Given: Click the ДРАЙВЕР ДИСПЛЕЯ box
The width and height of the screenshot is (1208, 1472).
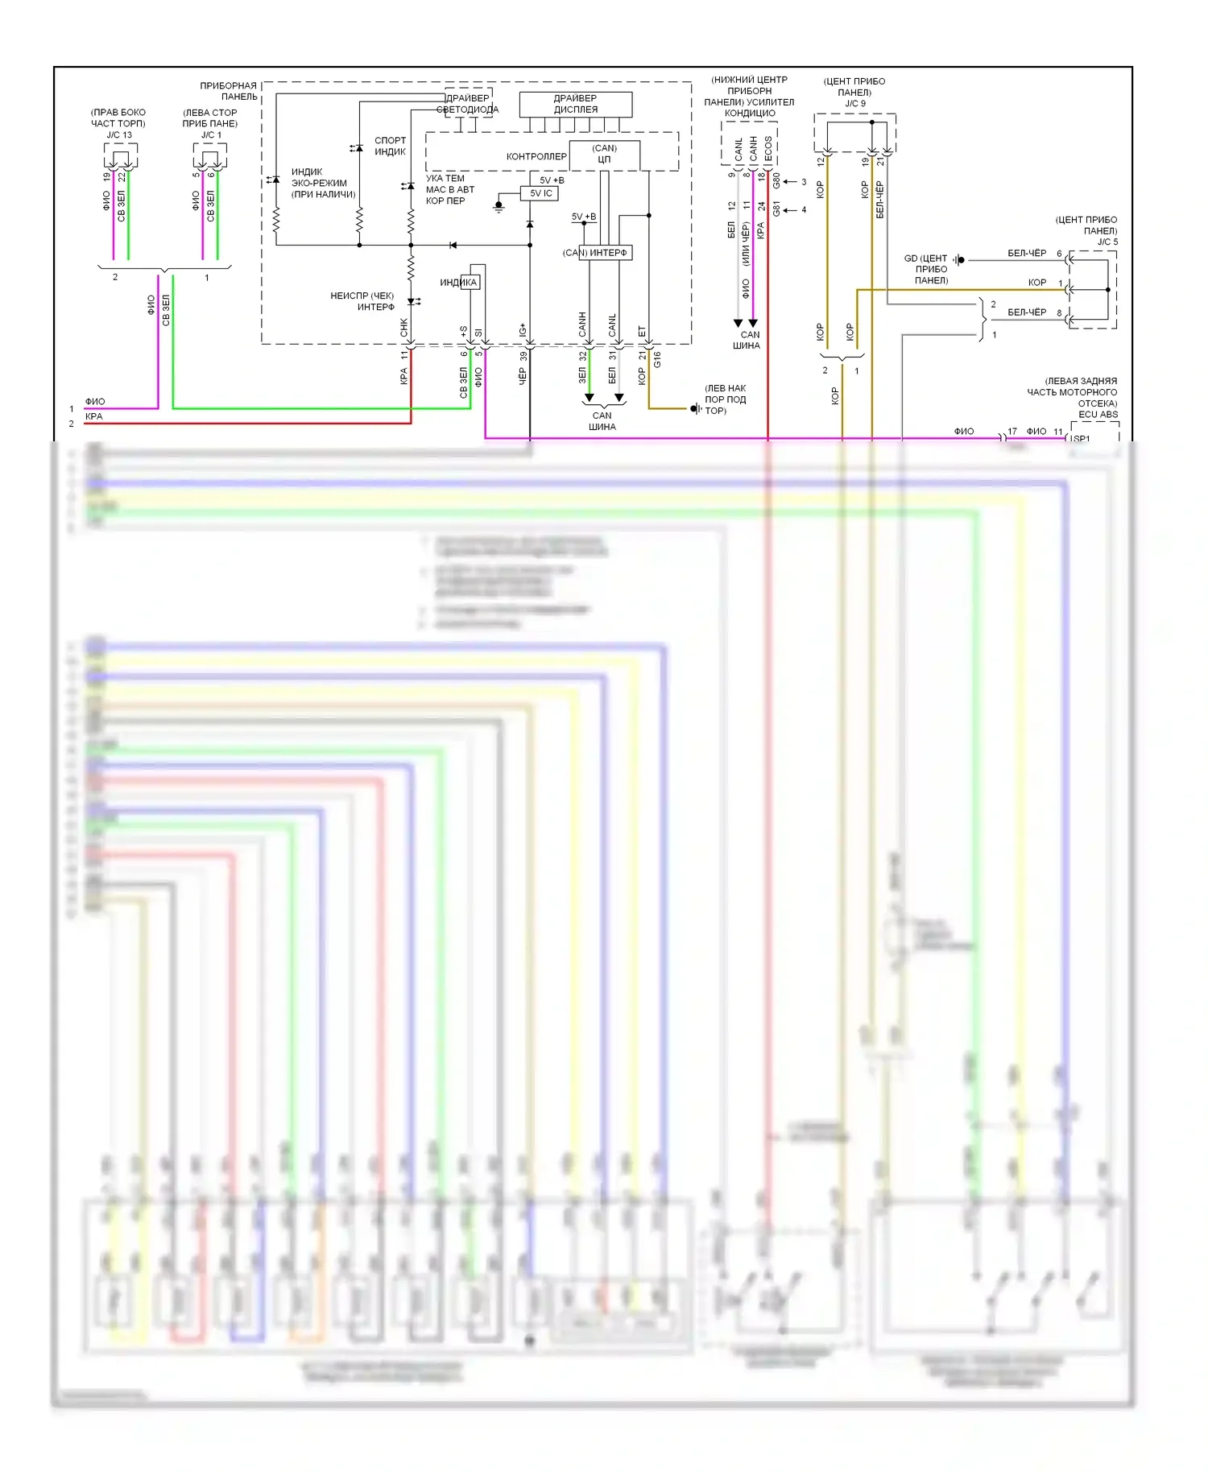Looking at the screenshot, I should pos(575,104).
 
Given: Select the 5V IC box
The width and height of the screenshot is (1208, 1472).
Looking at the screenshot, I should pos(540,193).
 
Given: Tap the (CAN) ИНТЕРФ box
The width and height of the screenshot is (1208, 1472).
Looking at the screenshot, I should pos(595,253).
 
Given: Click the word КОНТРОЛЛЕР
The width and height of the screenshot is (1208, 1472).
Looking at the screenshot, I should pos(536,156).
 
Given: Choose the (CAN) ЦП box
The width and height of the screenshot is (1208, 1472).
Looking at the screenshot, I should pos(604,155).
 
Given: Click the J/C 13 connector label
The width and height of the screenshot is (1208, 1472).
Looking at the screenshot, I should pos(118,134).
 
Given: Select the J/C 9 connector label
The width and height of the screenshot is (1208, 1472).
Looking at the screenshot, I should pos(854,103).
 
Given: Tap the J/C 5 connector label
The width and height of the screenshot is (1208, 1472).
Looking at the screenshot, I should pos(1107,242).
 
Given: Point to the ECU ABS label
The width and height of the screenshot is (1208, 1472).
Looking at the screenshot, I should pos(1098,415).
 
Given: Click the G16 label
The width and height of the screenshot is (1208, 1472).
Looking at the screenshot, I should pos(657,359).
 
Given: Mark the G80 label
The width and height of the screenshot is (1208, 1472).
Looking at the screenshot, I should pos(776,180).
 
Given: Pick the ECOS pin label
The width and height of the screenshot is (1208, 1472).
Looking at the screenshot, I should pos(768,148).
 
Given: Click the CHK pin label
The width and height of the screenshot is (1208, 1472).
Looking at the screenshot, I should pos(404,328).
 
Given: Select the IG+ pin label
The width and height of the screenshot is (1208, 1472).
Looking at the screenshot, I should pos(523,329).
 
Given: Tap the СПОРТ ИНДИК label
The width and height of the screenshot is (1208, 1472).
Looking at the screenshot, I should pos(390,146).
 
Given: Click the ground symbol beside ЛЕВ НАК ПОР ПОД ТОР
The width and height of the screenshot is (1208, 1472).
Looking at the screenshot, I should pos(695,409).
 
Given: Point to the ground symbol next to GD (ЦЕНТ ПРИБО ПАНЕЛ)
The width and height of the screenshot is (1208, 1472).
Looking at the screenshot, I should pos(958,259).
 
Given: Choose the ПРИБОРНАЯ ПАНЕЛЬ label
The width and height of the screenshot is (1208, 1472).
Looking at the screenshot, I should pos(229,91).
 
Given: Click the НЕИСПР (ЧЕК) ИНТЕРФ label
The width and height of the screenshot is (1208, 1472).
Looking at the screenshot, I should pos(362,301).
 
